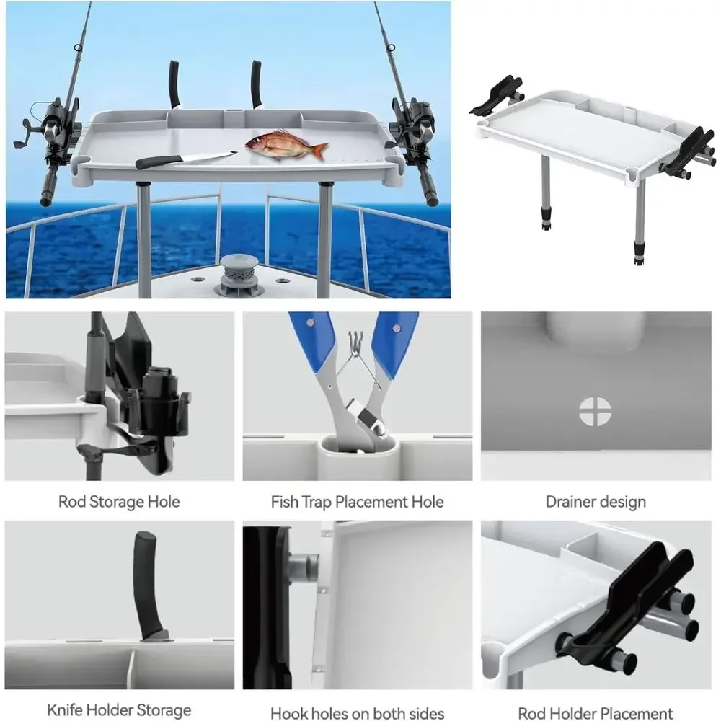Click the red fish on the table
point(286,145)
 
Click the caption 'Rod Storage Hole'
point(119,502)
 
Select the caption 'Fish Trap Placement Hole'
point(358,502)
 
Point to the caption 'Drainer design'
point(596,502)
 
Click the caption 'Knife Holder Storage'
point(119,710)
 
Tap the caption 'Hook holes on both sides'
point(358,713)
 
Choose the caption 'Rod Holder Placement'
point(596,713)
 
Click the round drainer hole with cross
point(595,411)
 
